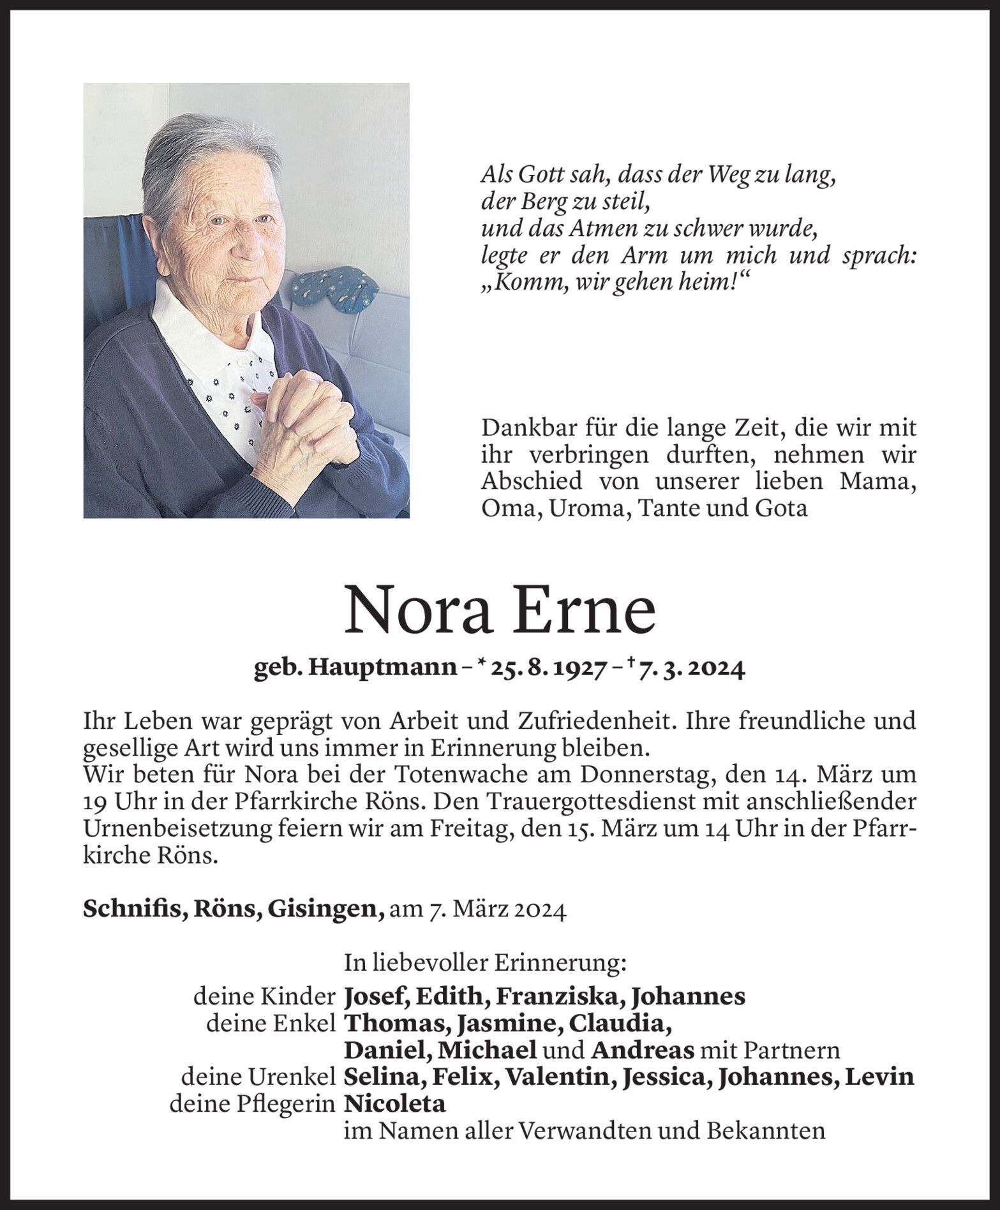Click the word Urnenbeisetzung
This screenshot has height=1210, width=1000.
[205, 828]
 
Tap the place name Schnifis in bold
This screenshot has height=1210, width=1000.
[130, 909]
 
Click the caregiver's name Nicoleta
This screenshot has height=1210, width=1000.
[394, 1104]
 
